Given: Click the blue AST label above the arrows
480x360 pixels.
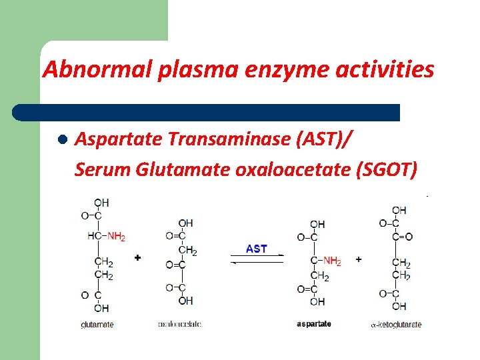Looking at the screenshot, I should pyautogui.click(x=257, y=249).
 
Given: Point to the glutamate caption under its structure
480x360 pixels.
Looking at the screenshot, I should pyautogui.click(x=97, y=325).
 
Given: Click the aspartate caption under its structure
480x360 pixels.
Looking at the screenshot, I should pyautogui.click(x=314, y=324).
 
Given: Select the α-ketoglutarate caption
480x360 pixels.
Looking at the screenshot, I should pyautogui.click(x=396, y=325).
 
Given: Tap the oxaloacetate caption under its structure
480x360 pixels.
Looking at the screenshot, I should pyautogui.click(x=179, y=324).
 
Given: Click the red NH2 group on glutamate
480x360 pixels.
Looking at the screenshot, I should pyautogui.click(x=116, y=235).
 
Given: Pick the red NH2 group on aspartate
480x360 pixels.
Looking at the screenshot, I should pyautogui.click(x=331, y=261).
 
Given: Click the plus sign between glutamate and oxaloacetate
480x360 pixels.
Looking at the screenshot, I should pyautogui.click(x=138, y=257).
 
